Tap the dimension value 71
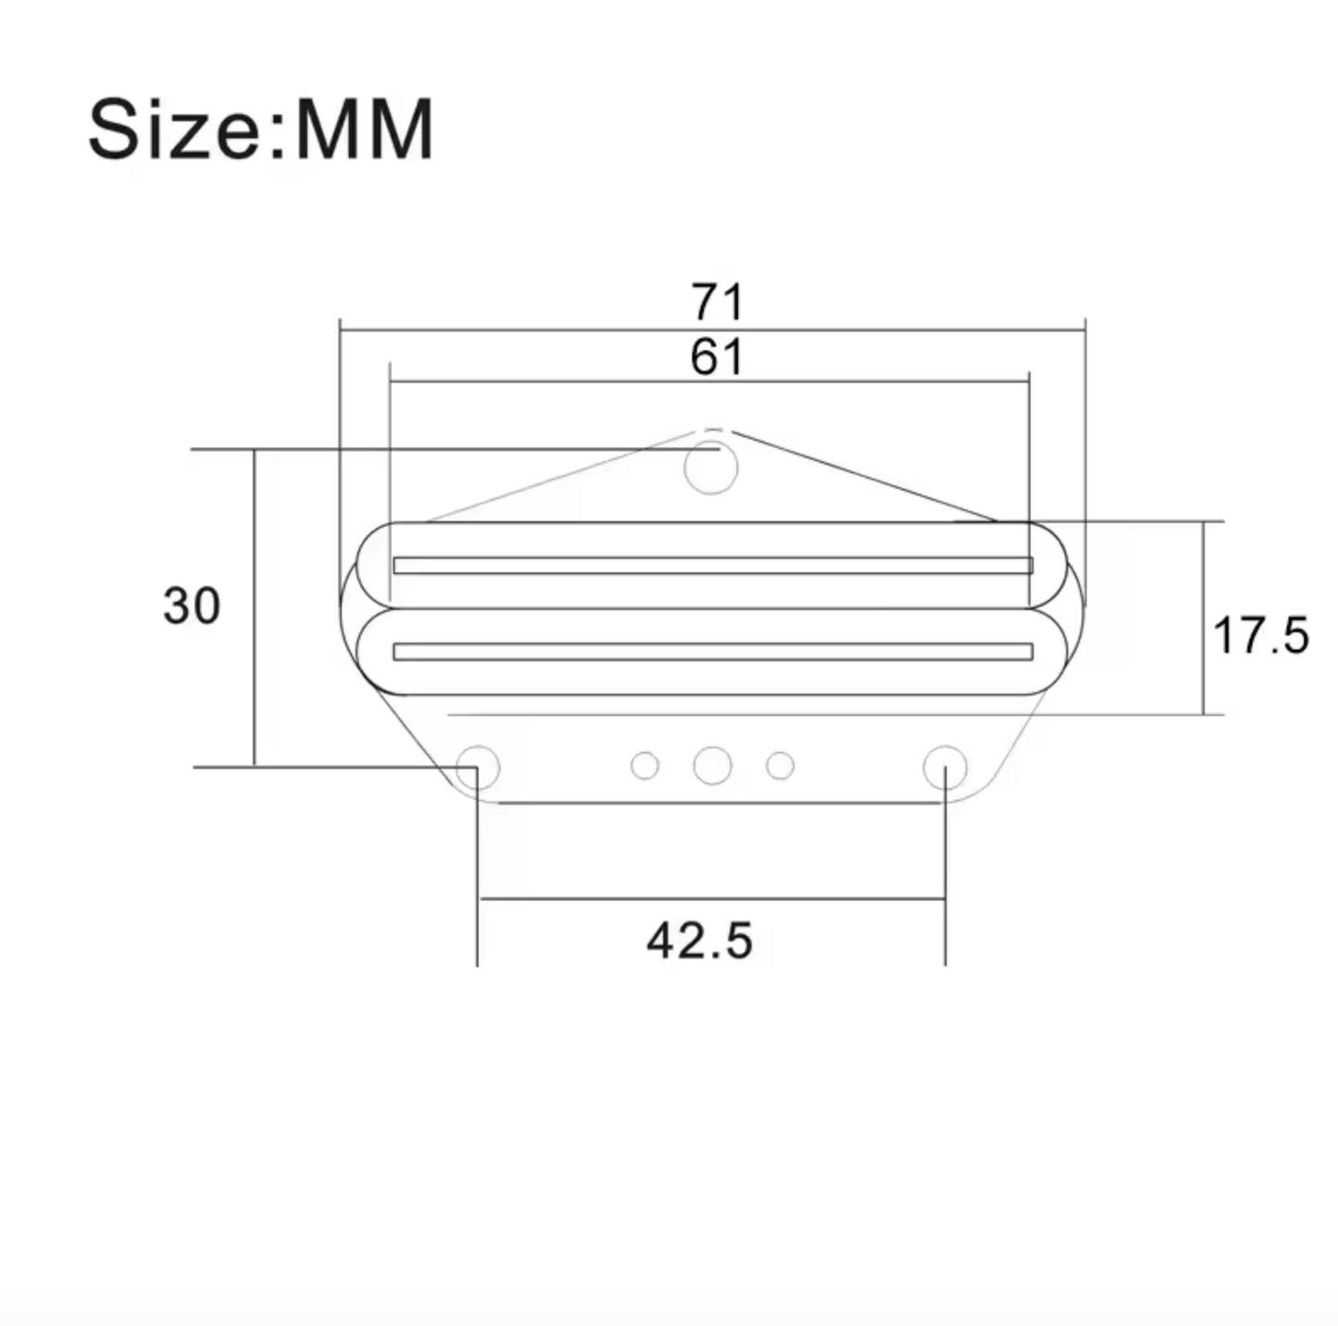(x=718, y=302)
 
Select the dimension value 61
(x=718, y=357)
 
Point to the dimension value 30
(x=192, y=605)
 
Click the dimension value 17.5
(x=1260, y=635)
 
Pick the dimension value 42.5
(x=699, y=941)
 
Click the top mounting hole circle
(x=710, y=469)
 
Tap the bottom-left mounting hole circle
(x=478, y=768)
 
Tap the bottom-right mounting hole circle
(x=945, y=768)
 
